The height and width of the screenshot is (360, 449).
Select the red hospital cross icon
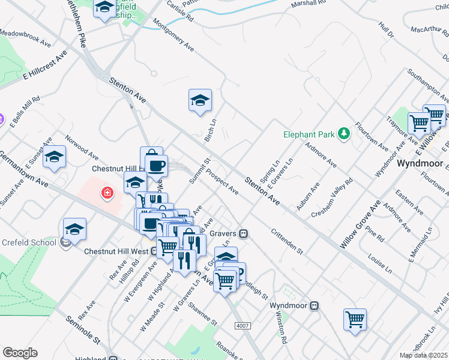[x=107, y=193]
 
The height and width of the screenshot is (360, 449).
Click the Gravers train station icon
[x=244, y=233]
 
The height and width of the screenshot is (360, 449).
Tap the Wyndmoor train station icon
[x=314, y=305]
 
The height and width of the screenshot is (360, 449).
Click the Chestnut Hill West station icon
[x=154, y=251]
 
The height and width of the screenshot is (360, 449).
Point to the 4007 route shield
[x=242, y=325]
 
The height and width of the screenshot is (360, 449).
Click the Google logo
[x=20, y=353]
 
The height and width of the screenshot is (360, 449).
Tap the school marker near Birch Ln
[x=200, y=100]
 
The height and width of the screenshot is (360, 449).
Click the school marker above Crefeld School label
[x=74, y=229]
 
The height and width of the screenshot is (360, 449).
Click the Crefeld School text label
[x=28, y=242]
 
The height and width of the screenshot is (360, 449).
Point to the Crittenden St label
[x=288, y=241]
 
